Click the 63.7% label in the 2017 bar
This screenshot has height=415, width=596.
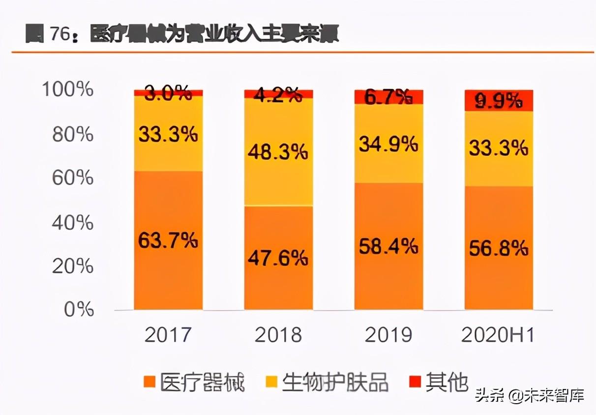pyautogui.click(x=168, y=241)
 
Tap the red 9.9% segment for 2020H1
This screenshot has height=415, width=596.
pyautogui.click(x=499, y=101)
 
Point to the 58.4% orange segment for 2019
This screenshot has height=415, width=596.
pyautogui.click(x=388, y=246)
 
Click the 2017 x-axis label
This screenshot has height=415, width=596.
pyautogui.click(x=168, y=335)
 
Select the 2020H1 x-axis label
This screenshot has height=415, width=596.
pyautogui.click(x=498, y=335)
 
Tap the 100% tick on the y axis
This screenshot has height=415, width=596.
pyautogui.click(x=67, y=90)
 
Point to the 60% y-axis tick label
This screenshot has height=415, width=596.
pyautogui.click(x=72, y=178)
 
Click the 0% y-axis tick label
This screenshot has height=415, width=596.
pyautogui.click(x=79, y=310)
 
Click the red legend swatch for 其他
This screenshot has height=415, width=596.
pyautogui.click(x=416, y=382)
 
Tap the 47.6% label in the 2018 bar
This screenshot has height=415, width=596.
pyautogui.click(x=278, y=258)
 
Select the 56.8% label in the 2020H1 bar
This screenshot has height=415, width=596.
pyautogui.click(x=499, y=248)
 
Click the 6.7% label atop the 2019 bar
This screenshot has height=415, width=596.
pyautogui.click(x=388, y=98)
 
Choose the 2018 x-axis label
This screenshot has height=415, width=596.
pyautogui.click(x=278, y=335)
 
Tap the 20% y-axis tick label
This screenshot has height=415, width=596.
pyautogui.click(x=72, y=266)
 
